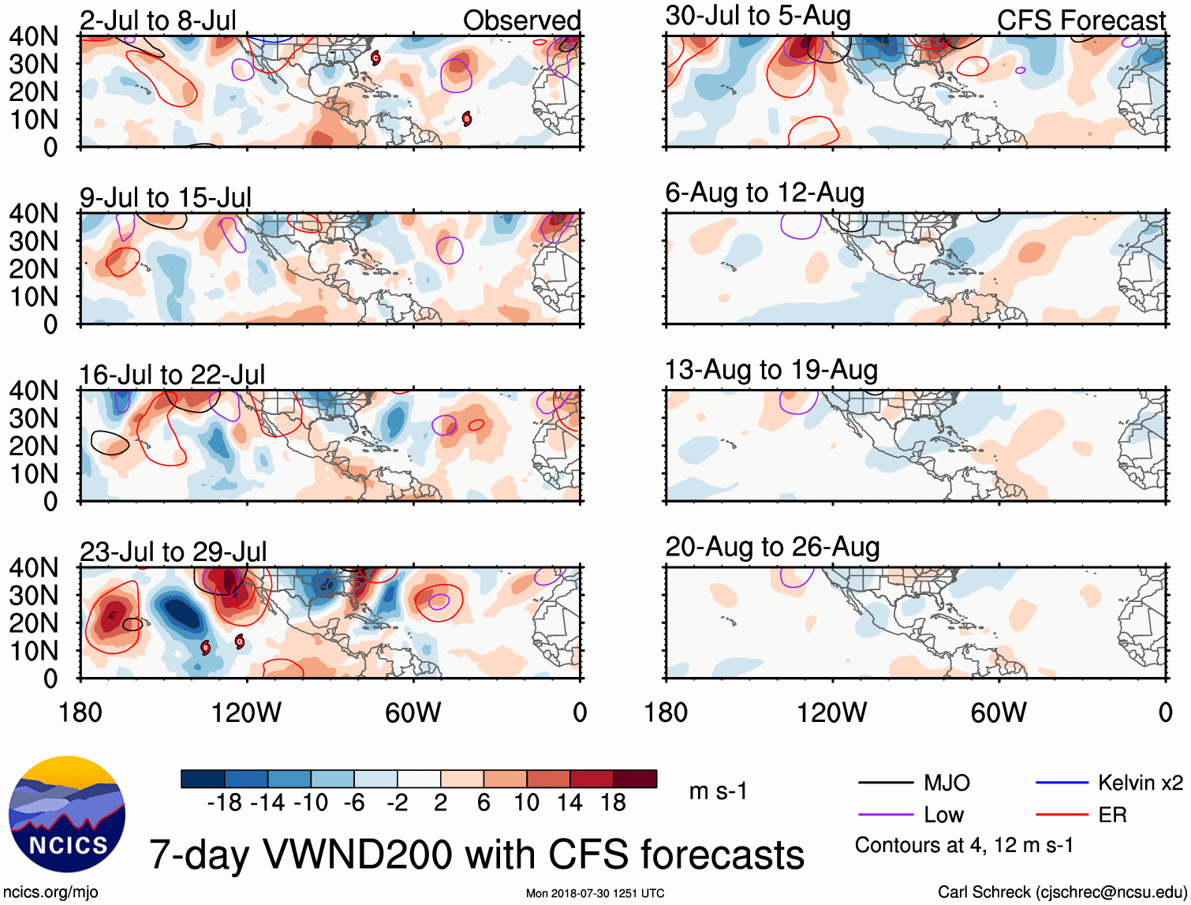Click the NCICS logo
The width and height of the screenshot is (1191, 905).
(x=67, y=814)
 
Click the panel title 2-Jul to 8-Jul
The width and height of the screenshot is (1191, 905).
(x=158, y=21)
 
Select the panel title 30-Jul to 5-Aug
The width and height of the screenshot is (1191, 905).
(x=758, y=16)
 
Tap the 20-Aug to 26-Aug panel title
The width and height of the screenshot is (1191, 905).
(x=772, y=547)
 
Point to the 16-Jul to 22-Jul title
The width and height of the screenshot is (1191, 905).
(x=172, y=375)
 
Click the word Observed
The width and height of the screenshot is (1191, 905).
(x=521, y=21)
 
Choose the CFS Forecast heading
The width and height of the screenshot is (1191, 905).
(x=1081, y=21)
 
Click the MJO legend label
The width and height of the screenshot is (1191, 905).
(x=946, y=783)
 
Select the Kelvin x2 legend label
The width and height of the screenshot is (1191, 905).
(x=1141, y=783)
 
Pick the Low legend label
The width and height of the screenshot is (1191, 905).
(x=943, y=814)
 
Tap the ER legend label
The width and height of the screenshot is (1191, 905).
(x=1112, y=814)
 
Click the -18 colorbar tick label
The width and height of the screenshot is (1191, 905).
(x=224, y=802)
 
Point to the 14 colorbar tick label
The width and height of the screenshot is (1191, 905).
(x=569, y=802)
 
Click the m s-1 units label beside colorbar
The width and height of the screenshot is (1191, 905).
(x=718, y=791)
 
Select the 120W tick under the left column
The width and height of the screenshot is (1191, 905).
(x=246, y=712)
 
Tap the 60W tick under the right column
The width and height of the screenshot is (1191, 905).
(x=999, y=712)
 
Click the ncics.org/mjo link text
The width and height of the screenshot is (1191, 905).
(x=50, y=892)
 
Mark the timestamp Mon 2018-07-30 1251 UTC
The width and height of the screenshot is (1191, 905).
(x=595, y=893)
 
